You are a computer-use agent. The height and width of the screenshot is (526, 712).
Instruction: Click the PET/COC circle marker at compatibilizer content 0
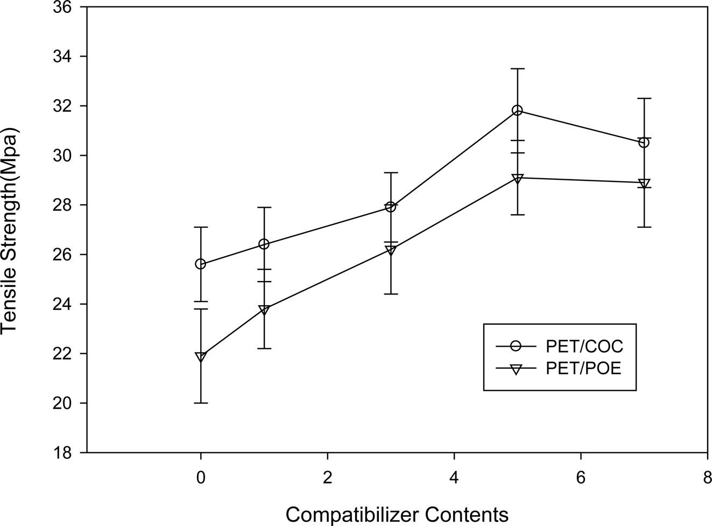[x=201, y=264]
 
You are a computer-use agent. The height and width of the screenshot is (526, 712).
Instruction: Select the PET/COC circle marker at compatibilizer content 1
[x=264, y=244]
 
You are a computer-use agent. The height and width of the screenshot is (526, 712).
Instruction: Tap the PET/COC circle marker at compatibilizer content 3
[x=391, y=207]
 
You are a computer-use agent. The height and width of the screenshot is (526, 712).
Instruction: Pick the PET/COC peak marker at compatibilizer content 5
[x=517, y=110]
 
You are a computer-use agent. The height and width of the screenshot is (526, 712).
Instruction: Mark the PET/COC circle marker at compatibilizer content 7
[x=644, y=143]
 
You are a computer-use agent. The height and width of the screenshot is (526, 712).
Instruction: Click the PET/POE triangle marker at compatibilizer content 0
[x=201, y=356]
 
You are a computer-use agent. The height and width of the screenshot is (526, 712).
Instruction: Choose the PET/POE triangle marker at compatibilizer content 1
[x=264, y=310]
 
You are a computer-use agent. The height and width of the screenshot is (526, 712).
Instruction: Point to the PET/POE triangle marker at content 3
[x=391, y=250]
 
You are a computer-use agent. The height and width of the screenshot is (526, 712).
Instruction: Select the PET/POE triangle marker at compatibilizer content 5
[x=517, y=178]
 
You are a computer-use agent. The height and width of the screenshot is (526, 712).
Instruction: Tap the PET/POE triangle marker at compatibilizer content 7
[x=644, y=183]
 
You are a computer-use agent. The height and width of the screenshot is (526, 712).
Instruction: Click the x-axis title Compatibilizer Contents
[x=397, y=514]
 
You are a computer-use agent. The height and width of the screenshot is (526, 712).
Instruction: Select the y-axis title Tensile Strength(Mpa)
[x=10, y=230]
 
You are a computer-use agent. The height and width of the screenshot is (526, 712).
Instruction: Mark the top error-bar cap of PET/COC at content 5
[x=517, y=69]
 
